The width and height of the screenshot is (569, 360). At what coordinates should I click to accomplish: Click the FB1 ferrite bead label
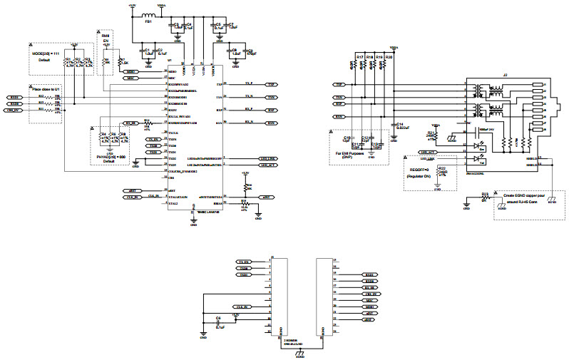tap(148, 22)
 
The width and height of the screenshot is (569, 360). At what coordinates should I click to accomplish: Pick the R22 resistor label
tap(442, 168)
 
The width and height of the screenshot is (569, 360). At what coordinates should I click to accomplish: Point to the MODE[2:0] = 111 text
tap(44, 54)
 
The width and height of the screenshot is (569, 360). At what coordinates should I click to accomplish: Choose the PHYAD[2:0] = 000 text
tap(108, 156)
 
